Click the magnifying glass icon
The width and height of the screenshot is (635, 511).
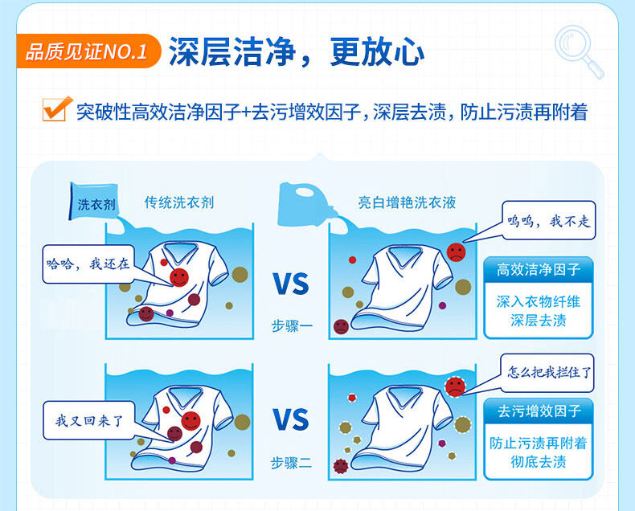coord(579,51)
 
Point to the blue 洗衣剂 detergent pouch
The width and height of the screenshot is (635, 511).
coord(93,202)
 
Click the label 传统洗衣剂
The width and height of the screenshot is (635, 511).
coord(178,203)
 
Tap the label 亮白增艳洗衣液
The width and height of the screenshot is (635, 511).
coord(407,203)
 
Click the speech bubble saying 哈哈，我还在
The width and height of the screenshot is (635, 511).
coord(87,264)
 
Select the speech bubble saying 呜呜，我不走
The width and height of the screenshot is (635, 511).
coord(550,221)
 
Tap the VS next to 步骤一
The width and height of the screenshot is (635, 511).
coord(290,284)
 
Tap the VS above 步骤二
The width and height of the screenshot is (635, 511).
coord(290,420)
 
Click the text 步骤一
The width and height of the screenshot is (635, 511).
coord(290,327)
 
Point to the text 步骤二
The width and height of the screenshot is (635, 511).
coord(290,463)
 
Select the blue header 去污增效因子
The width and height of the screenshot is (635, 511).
coord(539,411)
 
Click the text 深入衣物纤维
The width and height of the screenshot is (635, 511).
coord(539,302)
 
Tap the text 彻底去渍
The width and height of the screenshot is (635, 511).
coord(539,462)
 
